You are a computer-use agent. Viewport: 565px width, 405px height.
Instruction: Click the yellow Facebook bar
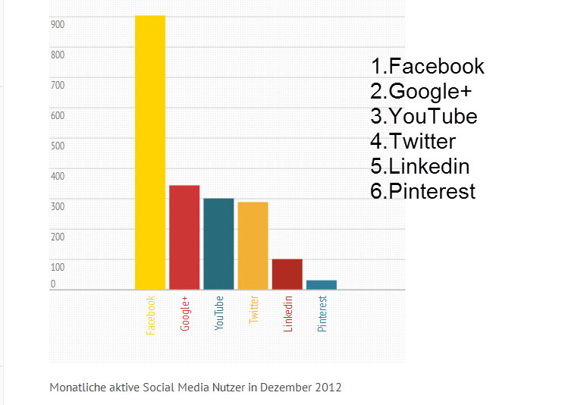pyautogui.click(x=150, y=152)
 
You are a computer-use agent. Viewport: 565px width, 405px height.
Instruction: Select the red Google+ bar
pyautogui.click(x=184, y=237)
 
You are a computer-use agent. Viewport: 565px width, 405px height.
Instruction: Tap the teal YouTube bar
pyautogui.click(x=218, y=243)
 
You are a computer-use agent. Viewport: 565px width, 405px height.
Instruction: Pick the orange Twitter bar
pyautogui.click(x=253, y=246)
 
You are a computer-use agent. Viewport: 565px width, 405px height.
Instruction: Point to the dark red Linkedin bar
pyautogui.click(x=287, y=274)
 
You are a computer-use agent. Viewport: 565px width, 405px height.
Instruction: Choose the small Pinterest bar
pyautogui.click(x=321, y=284)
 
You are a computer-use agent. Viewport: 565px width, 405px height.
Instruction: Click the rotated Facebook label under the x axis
pyautogui.click(x=150, y=315)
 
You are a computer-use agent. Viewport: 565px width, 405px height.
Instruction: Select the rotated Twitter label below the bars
pyautogui.click(x=253, y=309)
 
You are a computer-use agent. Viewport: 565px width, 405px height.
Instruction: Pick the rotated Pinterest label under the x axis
pyautogui.click(x=322, y=314)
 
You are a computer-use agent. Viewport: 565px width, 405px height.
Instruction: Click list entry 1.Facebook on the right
pyautogui.click(x=427, y=67)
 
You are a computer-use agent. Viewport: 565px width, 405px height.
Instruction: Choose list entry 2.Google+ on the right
pyautogui.click(x=421, y=92)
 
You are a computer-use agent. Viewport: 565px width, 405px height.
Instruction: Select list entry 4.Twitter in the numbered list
pyautogui.click(x=413, y=141)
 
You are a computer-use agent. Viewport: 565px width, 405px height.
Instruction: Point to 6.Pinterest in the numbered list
pyautogui.click(x=422, y=190)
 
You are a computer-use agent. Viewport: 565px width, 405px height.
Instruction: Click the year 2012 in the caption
pyautogui.click(x=328, y=388)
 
